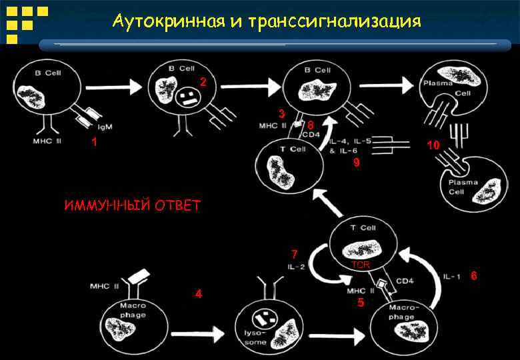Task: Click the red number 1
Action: coord(94,142)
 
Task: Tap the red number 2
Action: coord(203,82)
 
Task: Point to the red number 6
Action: coord(473,275)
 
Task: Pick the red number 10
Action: coord(433,145)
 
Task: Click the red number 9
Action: coord(356,161)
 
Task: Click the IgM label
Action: coord(105,127)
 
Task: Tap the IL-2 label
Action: coord(297,267)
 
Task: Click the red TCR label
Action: coord(361,265)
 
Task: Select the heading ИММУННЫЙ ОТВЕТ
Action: coord(132,205)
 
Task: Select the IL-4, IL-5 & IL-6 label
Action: coord(350,145)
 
